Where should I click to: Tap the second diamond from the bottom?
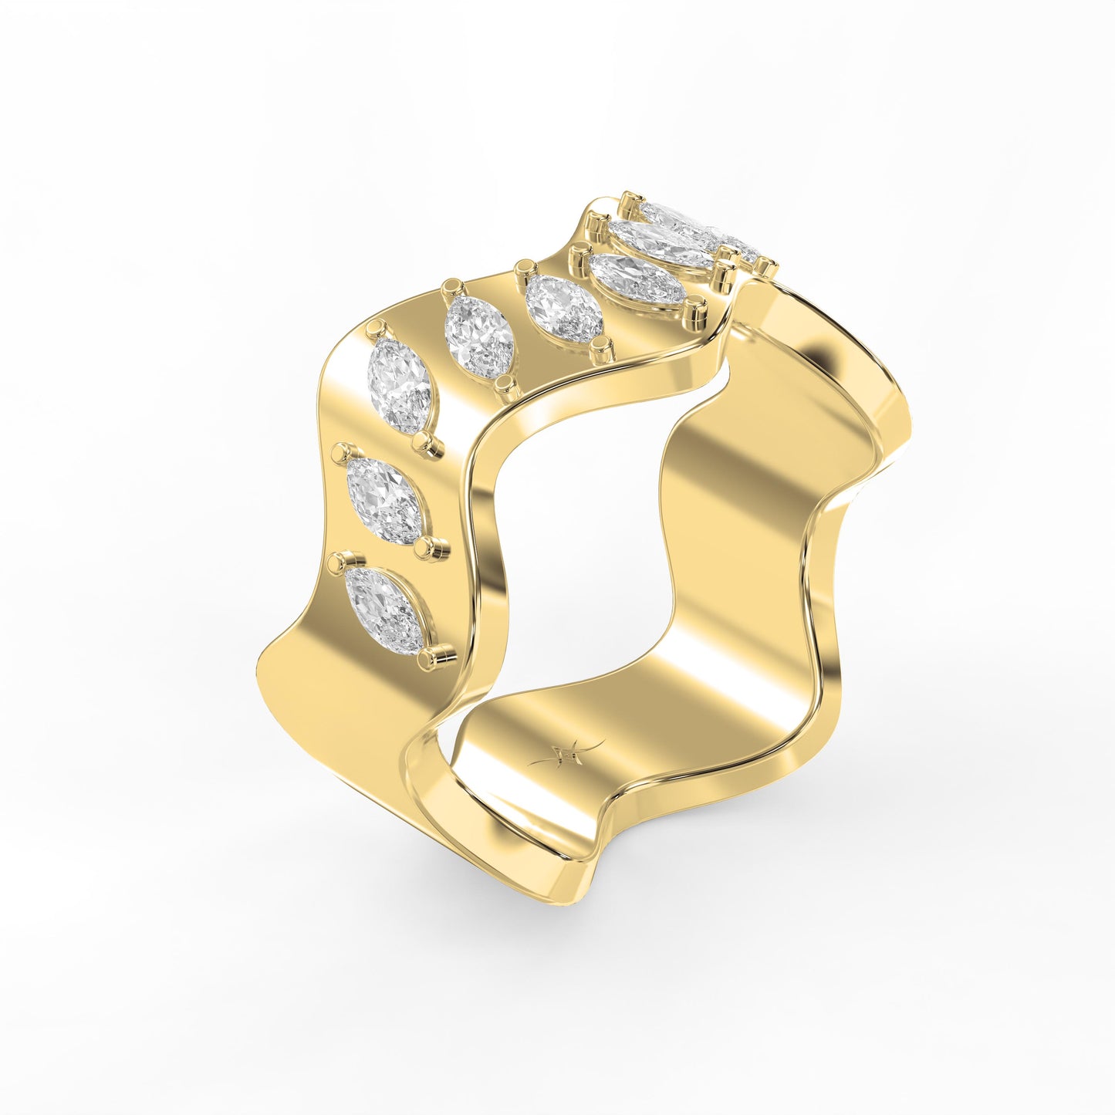(x=384, y=501)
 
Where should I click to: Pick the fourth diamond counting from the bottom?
(x=479, y=337)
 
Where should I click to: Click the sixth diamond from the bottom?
(x=637, y=279)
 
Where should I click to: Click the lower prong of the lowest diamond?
(x=428, y=658)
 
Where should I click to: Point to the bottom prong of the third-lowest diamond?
(x=423, y=442)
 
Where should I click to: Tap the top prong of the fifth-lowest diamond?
(x=526, y=268)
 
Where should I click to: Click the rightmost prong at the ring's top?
(x=765, y=268)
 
